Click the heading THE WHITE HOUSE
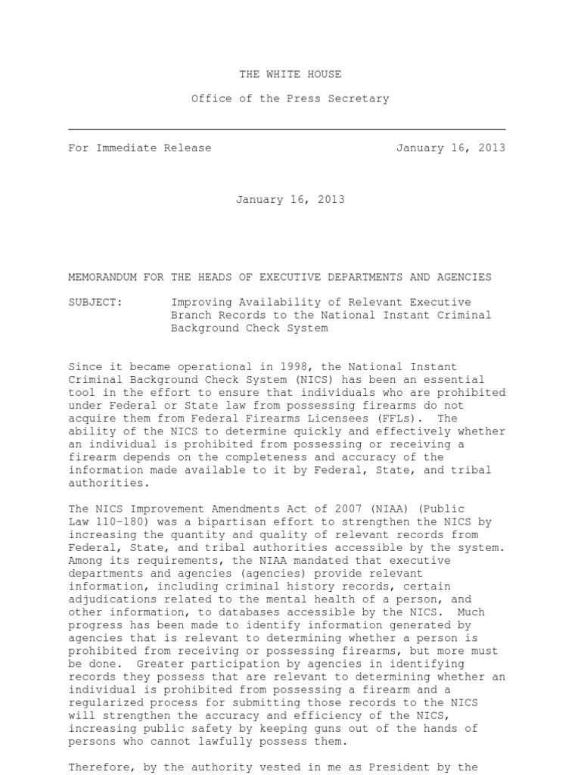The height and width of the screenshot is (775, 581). [290, 74]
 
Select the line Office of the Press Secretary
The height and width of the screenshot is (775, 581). [290, 98]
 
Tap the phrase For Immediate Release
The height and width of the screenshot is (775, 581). [140, 148]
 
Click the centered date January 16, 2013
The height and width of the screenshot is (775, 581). [290, 200]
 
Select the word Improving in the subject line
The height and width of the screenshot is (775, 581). [201, 302]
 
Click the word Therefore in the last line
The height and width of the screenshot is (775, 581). [99, 767]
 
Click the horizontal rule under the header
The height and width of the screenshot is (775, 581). [287, 129]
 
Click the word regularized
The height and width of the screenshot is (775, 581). [103, 703]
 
